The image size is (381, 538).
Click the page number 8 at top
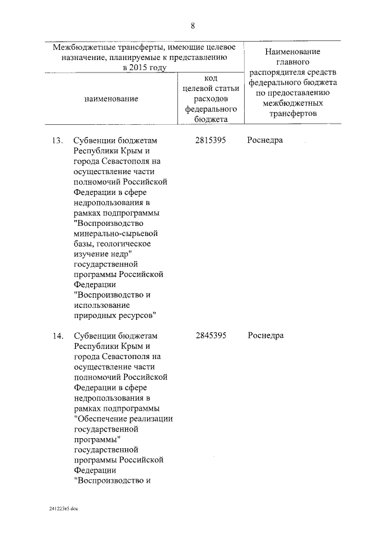[x=192, y=26]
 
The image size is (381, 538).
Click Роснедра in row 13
[x=266, y=140]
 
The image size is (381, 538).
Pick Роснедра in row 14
[x=266, y=335]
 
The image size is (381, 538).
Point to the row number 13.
[x=57, y=140]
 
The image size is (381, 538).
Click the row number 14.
[x=57, y=335]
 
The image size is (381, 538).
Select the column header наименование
[x=111, y=99]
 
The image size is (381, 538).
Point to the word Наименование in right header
[x=293, y=52]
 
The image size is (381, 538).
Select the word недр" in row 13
[x=118, y=254]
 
